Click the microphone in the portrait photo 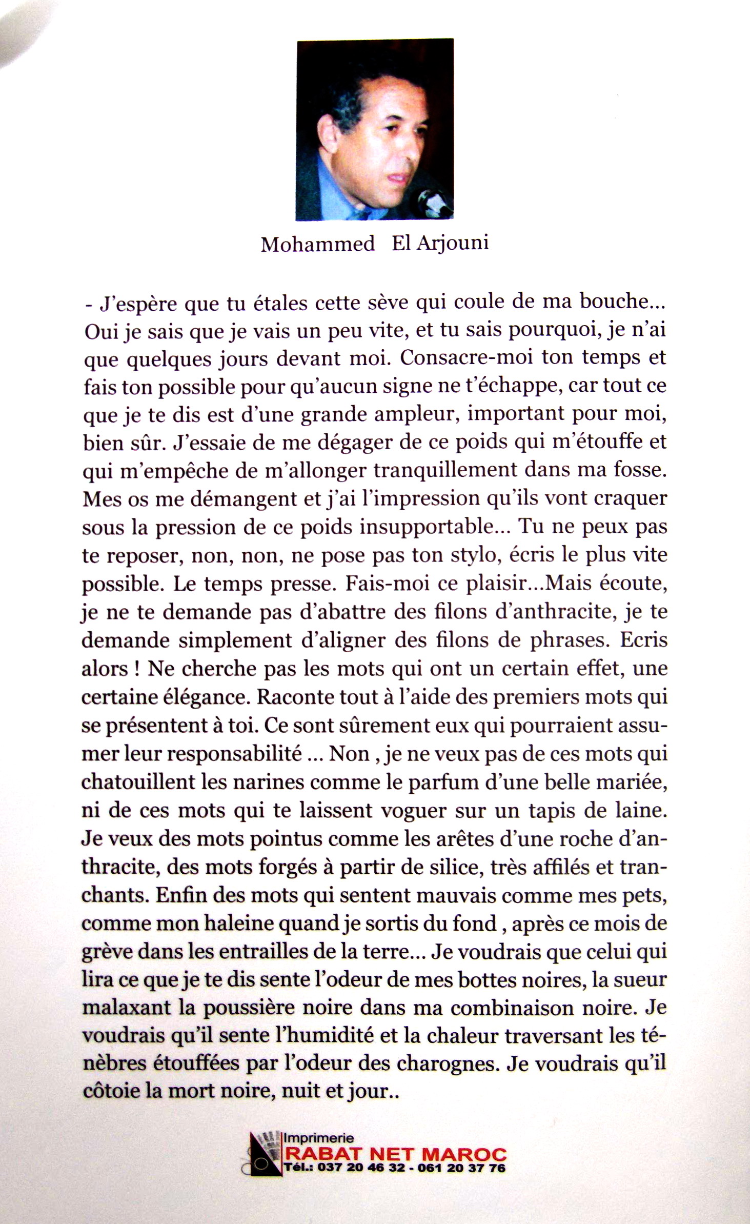click(434, 202)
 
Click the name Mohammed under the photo click(318, 244)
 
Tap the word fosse click(641, 470)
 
